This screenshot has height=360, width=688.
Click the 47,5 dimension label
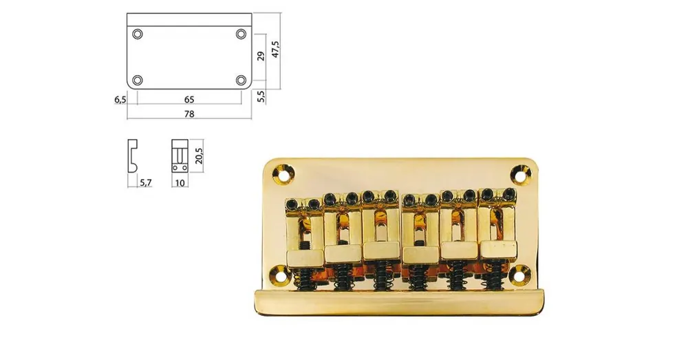pyautogui.click(x=275, y=49)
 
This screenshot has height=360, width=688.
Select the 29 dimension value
pyautogui.click(x=261, y=56)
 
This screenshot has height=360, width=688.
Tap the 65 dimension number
pyautogui.click(x=189, y=100)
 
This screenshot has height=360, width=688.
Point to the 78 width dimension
pyautogui.click(x=189, y=114)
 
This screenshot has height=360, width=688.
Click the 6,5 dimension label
pyautogui.click(x=120, y=100)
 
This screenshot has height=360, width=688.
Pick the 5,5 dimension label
pyautogui.click(x=261, y=96)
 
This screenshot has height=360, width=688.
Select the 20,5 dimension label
pyautogui.click(x=199, y=156)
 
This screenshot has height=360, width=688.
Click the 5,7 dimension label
pyautogui.click(x=146, y=182)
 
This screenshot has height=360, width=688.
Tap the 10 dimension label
pyautogui.click(x=180, y=182)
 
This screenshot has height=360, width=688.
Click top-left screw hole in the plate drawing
pyautogui.click(x=138, y=34)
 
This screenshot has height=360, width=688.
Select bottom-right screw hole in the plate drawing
pyautogui.click(x=241, y=80)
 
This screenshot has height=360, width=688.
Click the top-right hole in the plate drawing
pyautogui.click(x=241, y=34)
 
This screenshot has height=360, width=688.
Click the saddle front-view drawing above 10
pyautogui.click(x=180, y=156)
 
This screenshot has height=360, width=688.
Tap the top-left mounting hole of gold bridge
pyautogui.click(x=281, y=174)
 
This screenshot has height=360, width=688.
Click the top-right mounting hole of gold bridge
pyautogui.click(x=522, y=174)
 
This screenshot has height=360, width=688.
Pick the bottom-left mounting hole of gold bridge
pyautogui.click(x=279, y=275)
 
